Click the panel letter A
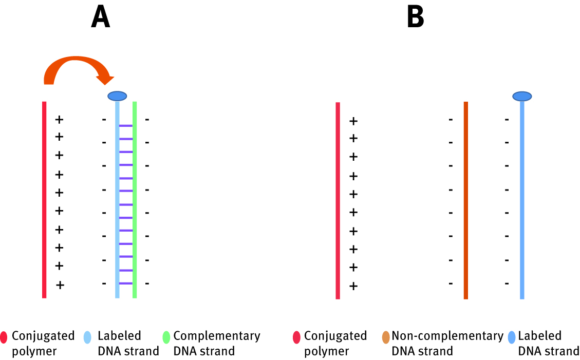[100, 18]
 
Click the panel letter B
[415, 18]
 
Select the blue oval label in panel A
[117, 96]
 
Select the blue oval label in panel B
[522, 96]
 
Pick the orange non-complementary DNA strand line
[466, 200]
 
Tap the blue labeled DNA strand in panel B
[522, 200]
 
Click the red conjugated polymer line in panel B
[338, 200]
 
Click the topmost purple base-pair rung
[126, 126]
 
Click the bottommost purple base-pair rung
[126, 283]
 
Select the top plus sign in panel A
[59, 120]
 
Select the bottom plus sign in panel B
[353, 286]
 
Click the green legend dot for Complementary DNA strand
[166, 337]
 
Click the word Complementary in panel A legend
[216, 336]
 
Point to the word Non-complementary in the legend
[447, 336]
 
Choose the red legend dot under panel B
[296, 337]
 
